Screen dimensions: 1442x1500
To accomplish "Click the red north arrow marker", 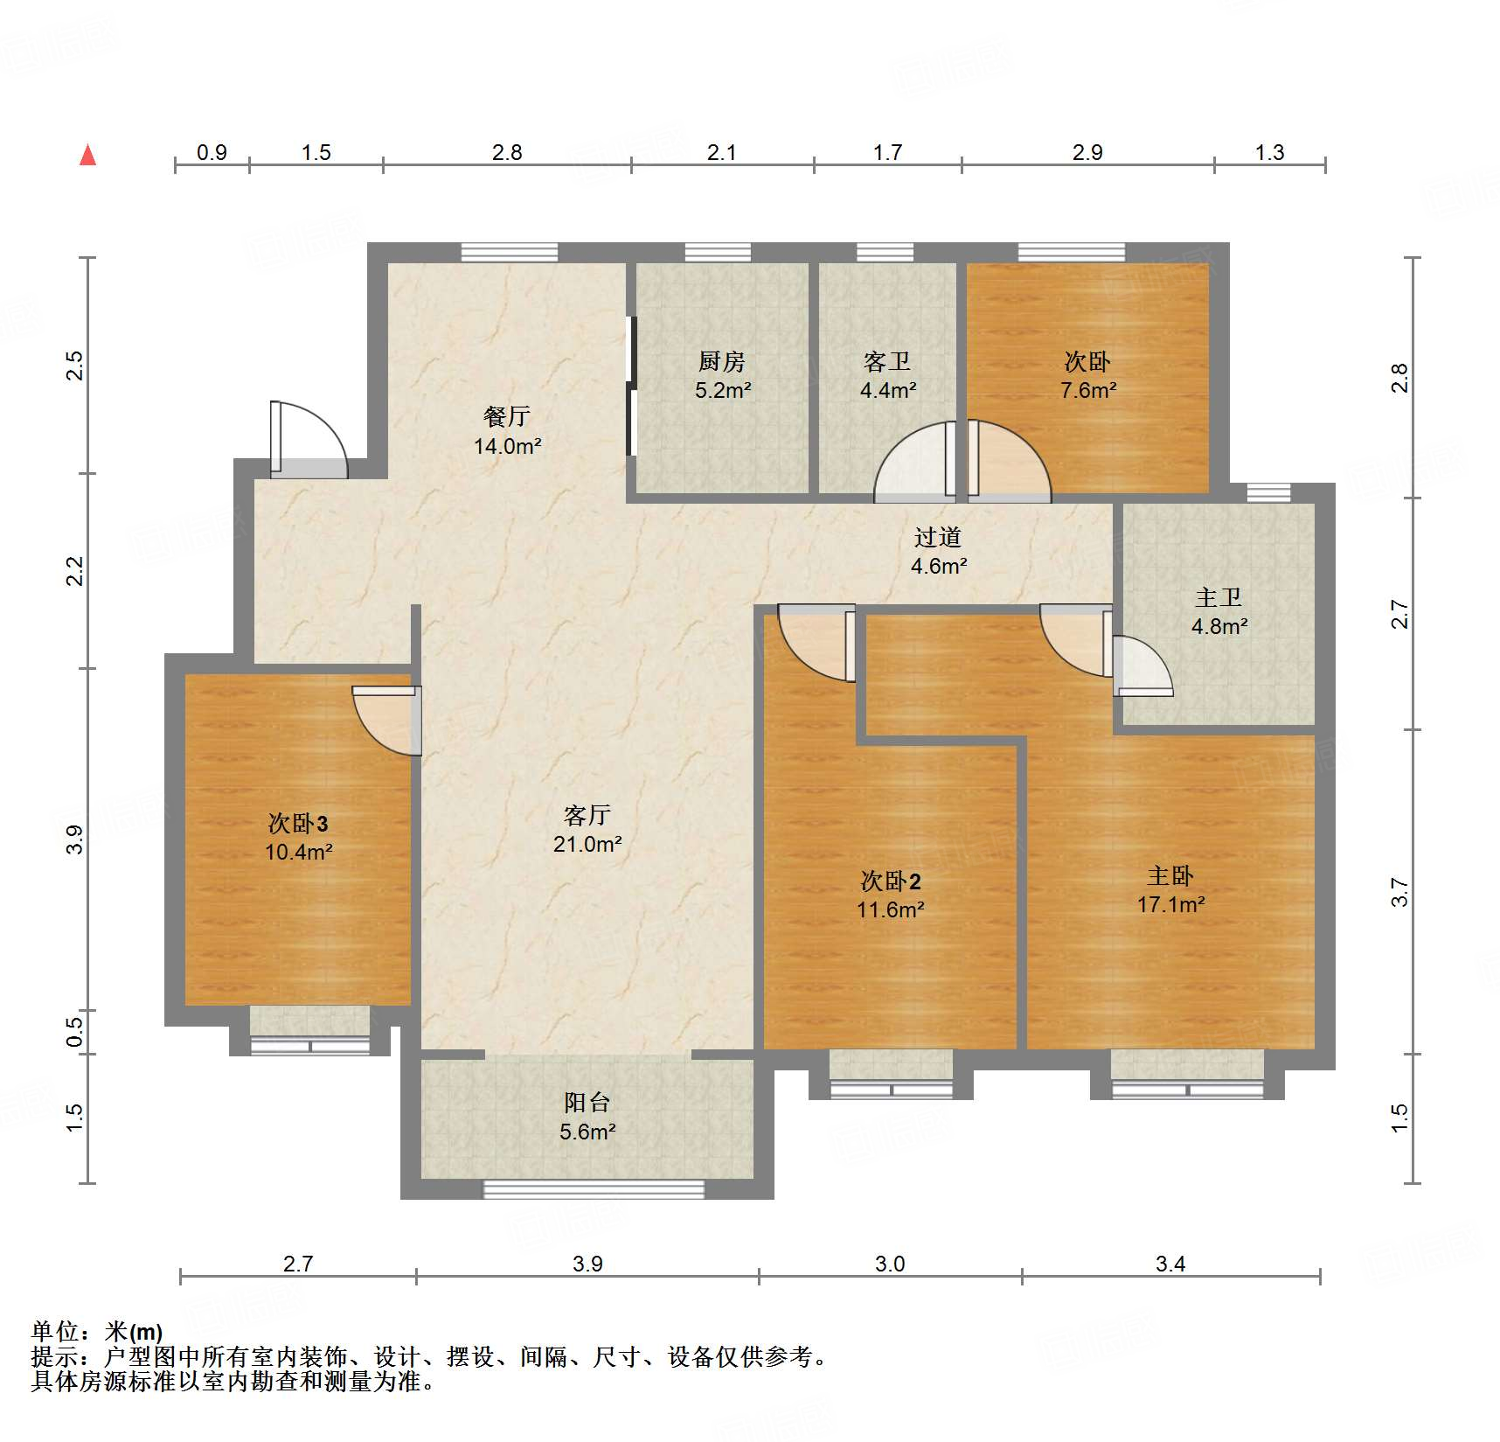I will tap(87, 156).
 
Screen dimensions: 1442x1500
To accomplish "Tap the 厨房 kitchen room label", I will tap(721, 361).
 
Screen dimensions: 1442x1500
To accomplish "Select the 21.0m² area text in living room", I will tap(587, 844).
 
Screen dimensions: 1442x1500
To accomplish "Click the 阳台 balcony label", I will tap(587, 1103).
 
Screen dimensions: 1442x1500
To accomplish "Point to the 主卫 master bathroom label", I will tap(1218, 598).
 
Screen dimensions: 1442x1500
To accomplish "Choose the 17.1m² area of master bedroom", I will tap(1170, 904).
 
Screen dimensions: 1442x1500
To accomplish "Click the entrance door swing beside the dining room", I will tap(309, 442).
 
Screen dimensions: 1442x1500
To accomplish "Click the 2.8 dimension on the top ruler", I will tap(506, 153).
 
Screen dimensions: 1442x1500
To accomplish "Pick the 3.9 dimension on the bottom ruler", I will tap(587, 1264).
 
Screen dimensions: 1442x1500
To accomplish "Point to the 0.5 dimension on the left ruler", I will tap(75, 1029).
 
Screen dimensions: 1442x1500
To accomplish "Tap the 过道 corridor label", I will tap(937, 537).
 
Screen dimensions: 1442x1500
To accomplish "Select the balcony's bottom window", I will tap(594, 1189).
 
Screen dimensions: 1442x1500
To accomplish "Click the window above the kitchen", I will tap(718, 252).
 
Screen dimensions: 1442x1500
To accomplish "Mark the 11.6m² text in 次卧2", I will tap(890, 909).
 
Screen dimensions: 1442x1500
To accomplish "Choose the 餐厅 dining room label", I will tap(506, 416).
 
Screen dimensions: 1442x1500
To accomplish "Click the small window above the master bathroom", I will tap(1267, 492).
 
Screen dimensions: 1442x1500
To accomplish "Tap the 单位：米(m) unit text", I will tap(97, 1332).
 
